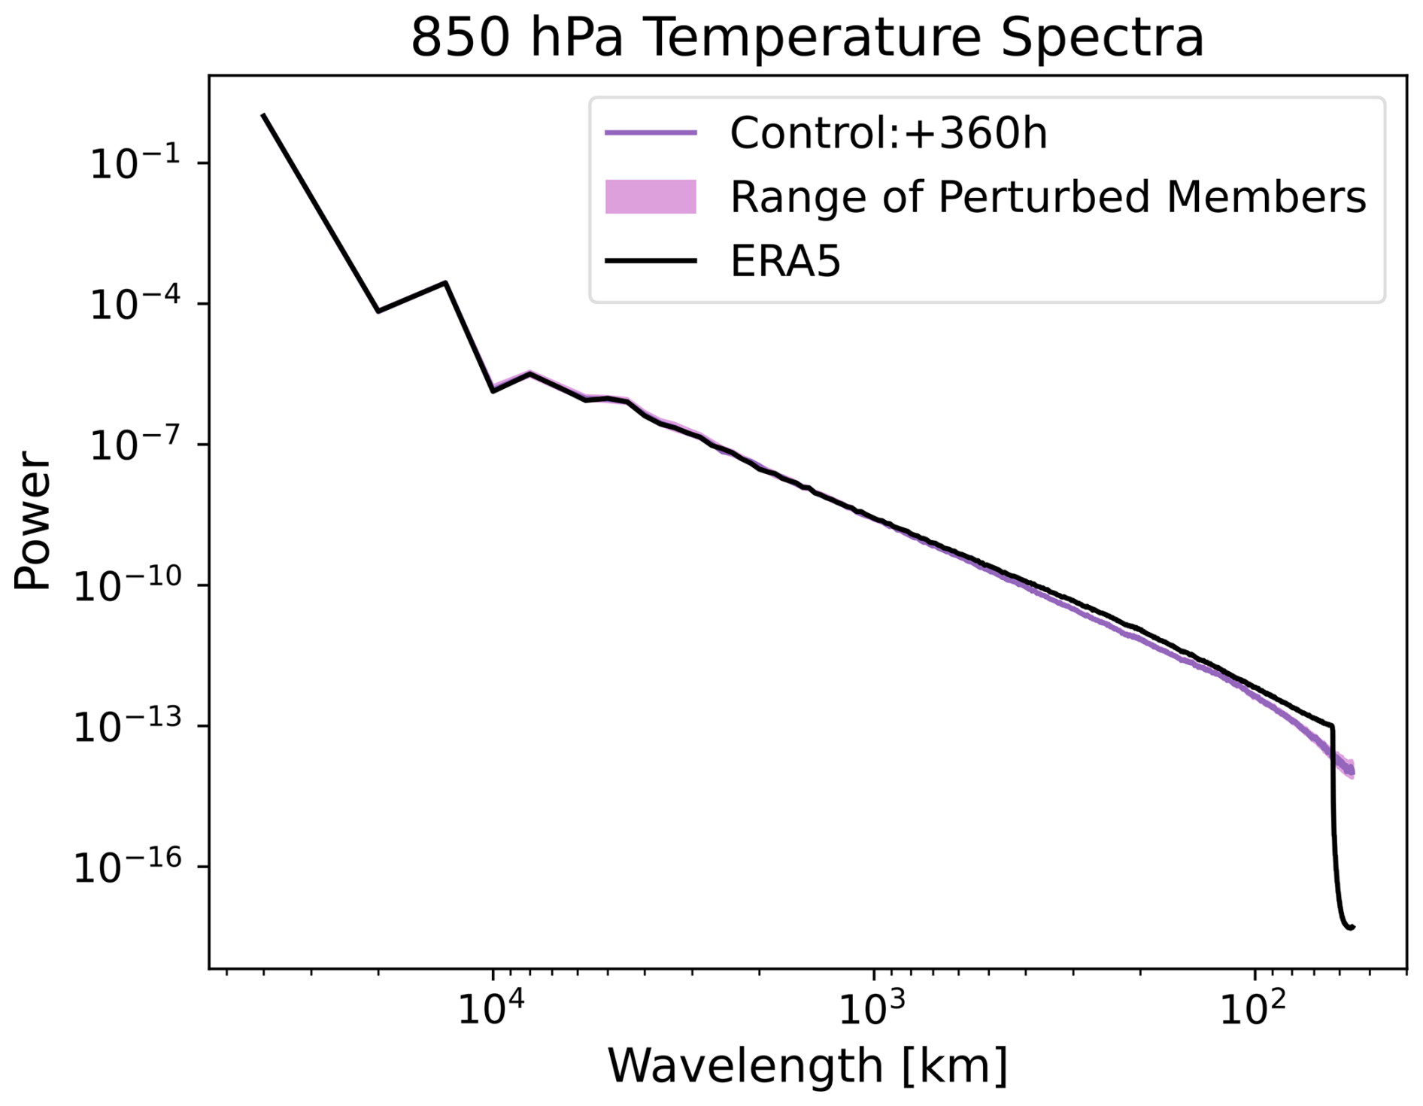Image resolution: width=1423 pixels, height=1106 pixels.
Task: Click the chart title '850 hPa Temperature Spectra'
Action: pyautogui.click(x=807, y=38)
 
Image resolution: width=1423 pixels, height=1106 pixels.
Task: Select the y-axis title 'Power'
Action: pyautogui.click(x=33, y=521)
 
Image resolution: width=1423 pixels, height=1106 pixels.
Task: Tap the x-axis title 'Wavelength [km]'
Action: pyautogui.click(x=807, y=1065)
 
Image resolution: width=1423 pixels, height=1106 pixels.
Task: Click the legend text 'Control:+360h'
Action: pyautogui.click(x=888, y=134)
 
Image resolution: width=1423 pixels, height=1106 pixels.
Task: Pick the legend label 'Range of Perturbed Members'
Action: pyautogui.click(x=1048, y=197)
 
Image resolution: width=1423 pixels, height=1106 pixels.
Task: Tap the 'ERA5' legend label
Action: pyautogui.click(x=785, y=262)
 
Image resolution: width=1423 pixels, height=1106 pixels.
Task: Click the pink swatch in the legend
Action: pyautogui.click(x=651, y=197)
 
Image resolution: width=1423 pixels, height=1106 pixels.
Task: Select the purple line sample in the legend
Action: pyautogui.click(x=651, y=133)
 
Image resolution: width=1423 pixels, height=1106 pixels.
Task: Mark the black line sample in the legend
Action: pyautogui.click(x=651, y=261)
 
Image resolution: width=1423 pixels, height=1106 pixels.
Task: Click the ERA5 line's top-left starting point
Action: pyautogui.click(x=263, y=115)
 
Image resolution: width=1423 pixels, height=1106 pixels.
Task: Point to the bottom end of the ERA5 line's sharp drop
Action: pyautogui.click(x=1352, y=927)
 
